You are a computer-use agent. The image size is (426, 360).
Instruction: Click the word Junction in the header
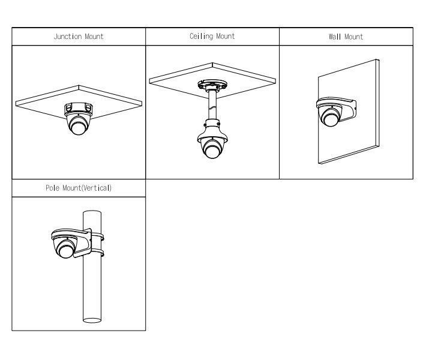pos(68,37)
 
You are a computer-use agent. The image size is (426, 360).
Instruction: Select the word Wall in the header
pos(335,37)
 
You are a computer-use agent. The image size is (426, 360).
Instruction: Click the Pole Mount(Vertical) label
pos(79,188)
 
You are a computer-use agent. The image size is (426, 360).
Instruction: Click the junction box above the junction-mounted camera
pos(79,109)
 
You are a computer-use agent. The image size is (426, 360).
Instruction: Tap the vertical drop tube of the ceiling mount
pos(212,105)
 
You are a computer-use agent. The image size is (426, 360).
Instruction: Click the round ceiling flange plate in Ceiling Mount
pos(212,84)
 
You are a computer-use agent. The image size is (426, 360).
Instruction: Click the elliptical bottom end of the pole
pos(92,320)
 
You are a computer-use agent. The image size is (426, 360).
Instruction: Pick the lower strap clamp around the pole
pos(98,253)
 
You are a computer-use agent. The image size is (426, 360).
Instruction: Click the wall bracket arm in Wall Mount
pos(344,108)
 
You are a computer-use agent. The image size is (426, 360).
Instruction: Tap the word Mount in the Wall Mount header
pos(354,37)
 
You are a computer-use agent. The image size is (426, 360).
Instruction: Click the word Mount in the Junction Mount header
pos(94,37)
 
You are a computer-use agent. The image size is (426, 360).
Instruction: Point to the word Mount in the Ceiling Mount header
pos(226,36)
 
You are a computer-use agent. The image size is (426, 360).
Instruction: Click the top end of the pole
pos(92,212)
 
